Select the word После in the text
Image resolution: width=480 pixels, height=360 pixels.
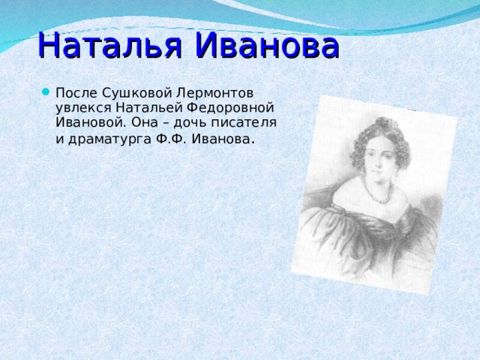[76, 92]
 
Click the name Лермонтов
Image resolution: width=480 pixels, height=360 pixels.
[216, 92]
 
